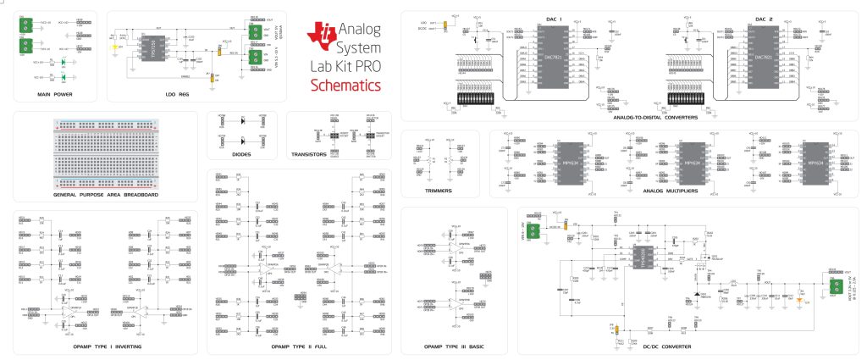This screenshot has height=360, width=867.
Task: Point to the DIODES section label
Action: [x=241, y=155]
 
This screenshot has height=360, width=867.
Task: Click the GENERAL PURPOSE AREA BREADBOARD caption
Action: [x=106, y=195]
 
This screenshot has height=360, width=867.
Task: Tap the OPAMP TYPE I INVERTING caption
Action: [x=105, y=346]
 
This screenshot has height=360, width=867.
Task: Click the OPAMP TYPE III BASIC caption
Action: [x=453, y=346]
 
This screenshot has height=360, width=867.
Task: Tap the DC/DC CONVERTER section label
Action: [x=667, y=346]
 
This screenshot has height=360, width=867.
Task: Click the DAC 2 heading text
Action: [x=766, y=18]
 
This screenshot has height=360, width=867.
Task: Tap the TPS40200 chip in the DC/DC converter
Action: [x=640, y=257]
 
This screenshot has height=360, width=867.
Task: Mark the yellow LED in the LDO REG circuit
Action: [x=115, y=47]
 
